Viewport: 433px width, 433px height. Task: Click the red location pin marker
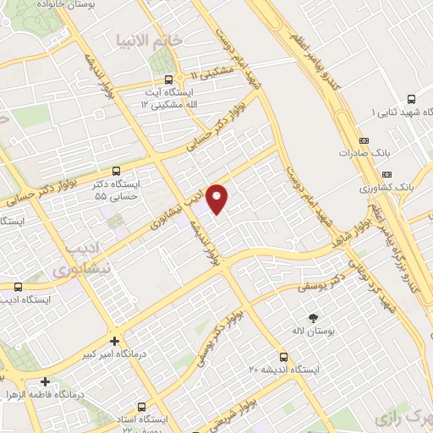[x=217, y=198]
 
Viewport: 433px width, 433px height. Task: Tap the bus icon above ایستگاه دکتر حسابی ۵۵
[x=116, y=170]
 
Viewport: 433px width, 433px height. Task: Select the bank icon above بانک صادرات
[x=364, y=140]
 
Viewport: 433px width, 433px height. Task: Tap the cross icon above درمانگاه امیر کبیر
[x=115, y=342]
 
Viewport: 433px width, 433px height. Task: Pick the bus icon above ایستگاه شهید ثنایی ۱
[x=411, y=98]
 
